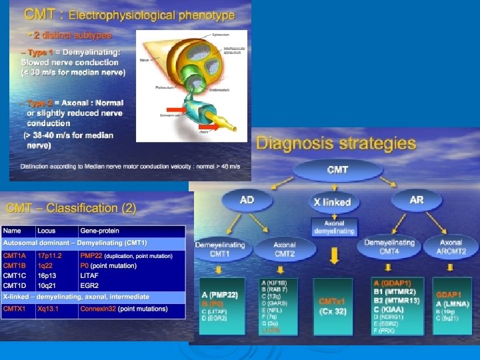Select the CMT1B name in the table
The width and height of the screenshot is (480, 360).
(x=15, y=265)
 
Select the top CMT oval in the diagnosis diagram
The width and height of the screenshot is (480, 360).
(x=337, y=170)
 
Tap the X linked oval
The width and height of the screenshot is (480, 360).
(x=332, y=201)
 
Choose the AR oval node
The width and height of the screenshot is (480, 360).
(x=417, y=199)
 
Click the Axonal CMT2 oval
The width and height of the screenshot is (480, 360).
(x=285, y=249)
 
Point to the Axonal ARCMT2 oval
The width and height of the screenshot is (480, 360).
(x=451, y=247)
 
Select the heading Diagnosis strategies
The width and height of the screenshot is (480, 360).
(x=336, y=143)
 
